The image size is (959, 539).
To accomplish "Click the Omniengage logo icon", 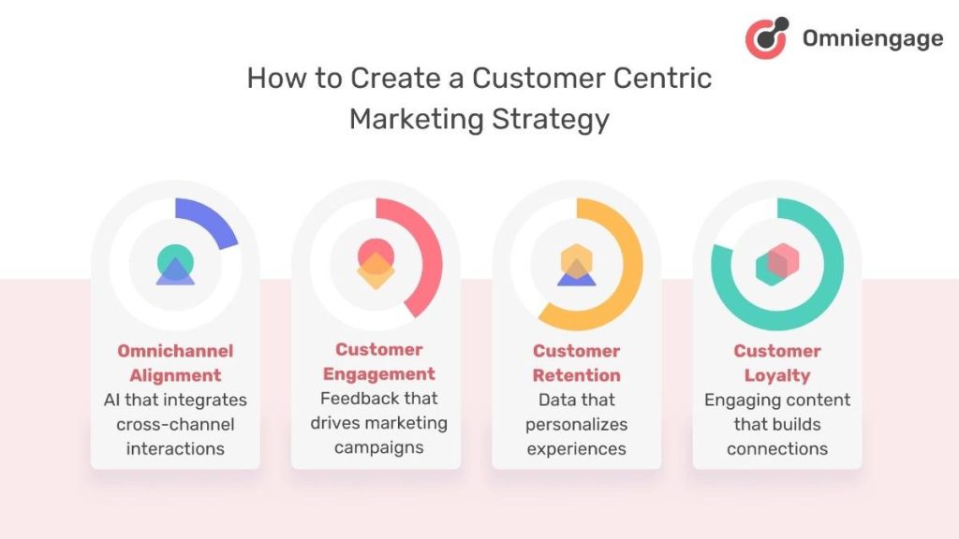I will [766, 38].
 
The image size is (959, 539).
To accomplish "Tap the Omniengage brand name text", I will [872, 38].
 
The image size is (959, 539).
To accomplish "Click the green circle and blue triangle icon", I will [175, 265].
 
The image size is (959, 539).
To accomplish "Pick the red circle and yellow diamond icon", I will [376, 262].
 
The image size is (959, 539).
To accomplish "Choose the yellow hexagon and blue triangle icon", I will [576, 266].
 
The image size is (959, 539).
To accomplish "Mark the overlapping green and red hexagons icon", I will [776, 265].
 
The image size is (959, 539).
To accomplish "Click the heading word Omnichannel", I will [175, 351].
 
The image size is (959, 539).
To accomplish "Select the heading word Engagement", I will [378, 374].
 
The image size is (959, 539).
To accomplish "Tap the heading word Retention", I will [576, 375].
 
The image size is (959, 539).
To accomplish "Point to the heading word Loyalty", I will [777, 375].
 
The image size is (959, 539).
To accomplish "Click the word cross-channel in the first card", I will [175, 424].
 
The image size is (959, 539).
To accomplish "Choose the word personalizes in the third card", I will [576, 424].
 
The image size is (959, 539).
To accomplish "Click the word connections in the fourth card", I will [777, 448].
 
